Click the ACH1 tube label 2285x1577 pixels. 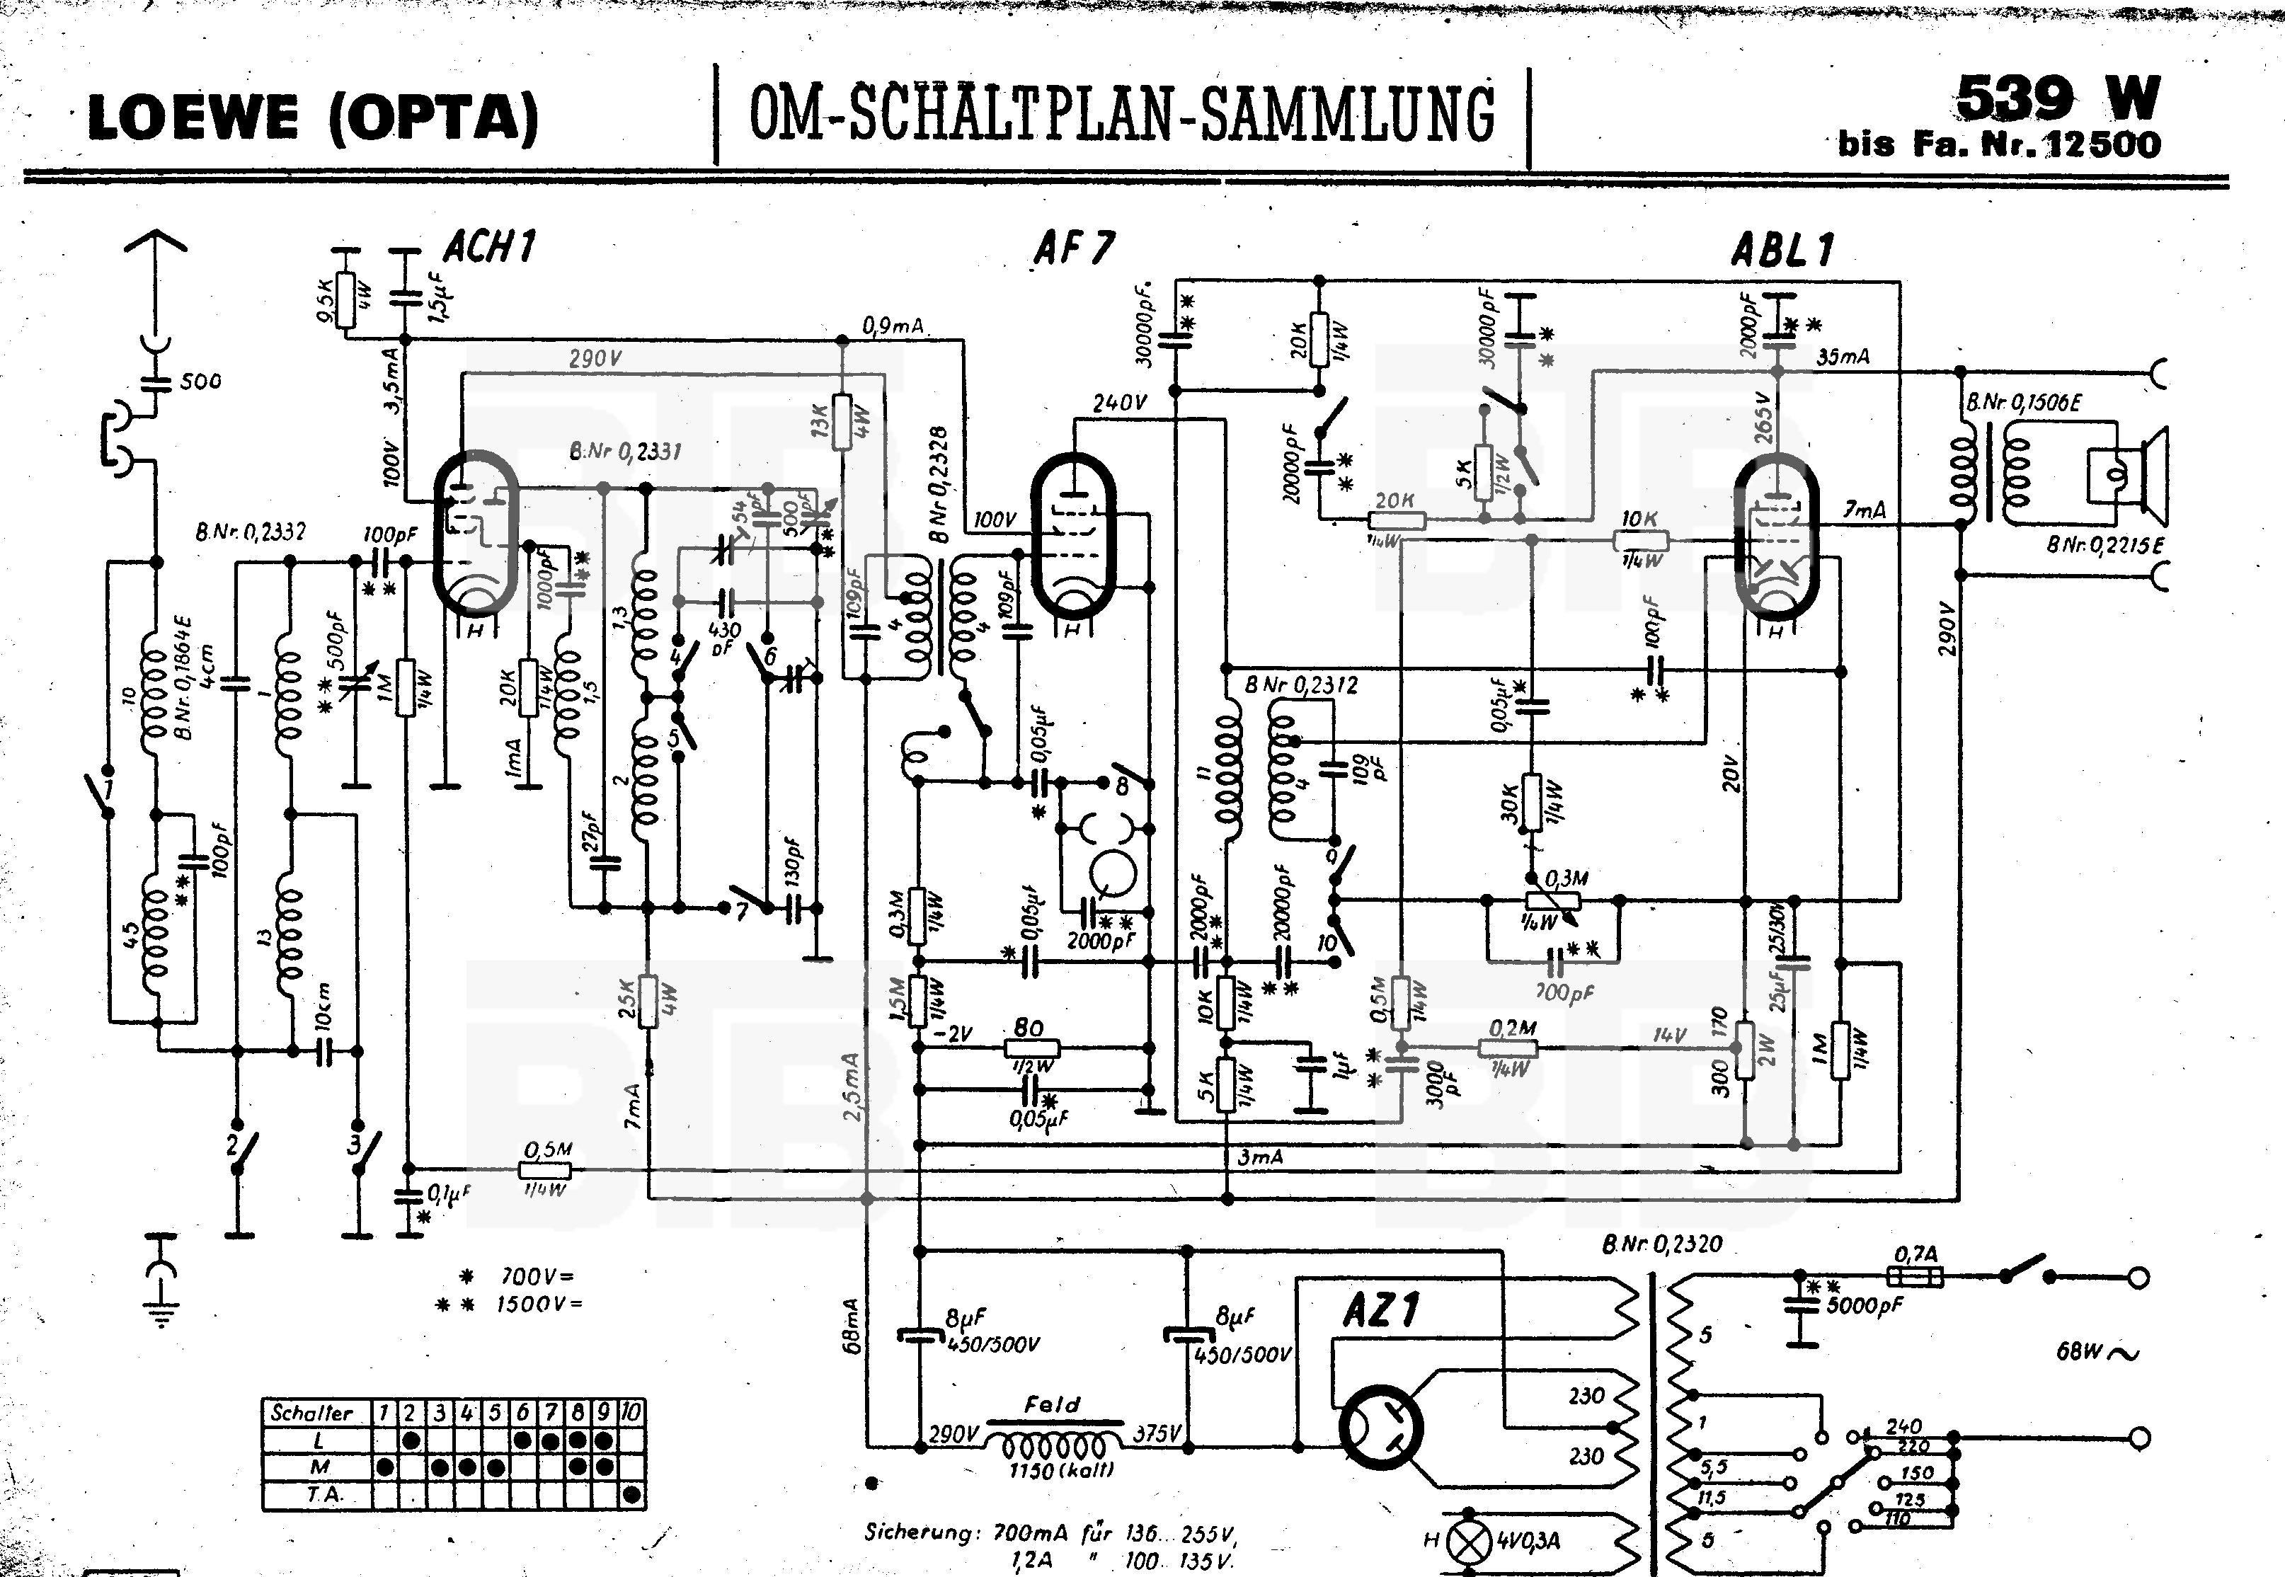point(489,247)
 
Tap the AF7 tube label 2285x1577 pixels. point(1074,248)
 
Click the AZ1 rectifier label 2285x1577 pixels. point(1380,1311)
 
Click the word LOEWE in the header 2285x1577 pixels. point(193,119)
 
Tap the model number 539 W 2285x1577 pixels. point(2058,99)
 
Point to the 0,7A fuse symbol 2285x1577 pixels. point(1915,1277)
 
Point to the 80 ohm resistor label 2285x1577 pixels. point(1029,1028)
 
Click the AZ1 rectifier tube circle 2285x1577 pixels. point(1380,1428)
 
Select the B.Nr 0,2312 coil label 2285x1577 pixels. point(1301,684)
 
